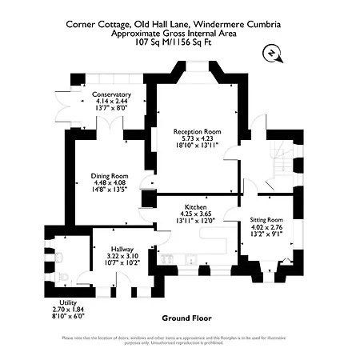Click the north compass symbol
[x=273, y=53]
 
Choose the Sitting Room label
[x=267, y=219]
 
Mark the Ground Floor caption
[x=186, y=318]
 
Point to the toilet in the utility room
[x=62, y=256]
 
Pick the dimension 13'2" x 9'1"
[x=267, y=234]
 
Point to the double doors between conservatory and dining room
[x=107, y=123]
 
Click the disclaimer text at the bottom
[x=180, y=339]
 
